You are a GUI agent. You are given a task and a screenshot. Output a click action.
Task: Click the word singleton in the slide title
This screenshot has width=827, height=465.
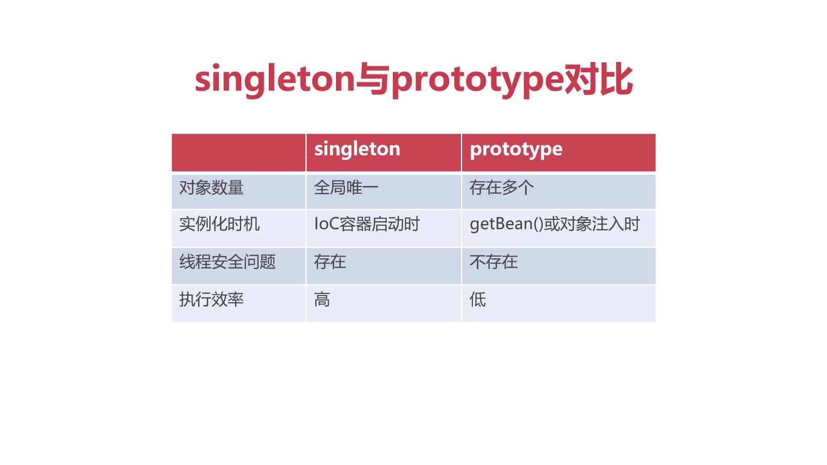tap(275, 80)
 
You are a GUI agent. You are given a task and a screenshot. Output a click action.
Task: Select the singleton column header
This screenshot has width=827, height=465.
tap(357, 149)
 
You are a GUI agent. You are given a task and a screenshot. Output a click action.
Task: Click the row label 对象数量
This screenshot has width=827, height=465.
tap(211, 188)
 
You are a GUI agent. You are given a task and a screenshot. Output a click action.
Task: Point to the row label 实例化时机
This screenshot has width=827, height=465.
tap(220, 224)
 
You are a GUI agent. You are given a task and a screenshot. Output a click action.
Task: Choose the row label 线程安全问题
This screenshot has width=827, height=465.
tap(227, 262)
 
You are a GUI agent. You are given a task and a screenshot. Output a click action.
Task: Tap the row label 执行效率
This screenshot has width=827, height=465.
tap(211, 299)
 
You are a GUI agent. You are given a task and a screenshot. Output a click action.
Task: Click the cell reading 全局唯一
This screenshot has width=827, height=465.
tap(346, 188)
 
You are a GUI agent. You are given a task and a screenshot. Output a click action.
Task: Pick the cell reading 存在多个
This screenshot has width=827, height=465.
tap(502, 188)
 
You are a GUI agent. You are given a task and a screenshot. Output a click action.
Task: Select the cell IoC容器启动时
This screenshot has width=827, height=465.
tap(367, 224)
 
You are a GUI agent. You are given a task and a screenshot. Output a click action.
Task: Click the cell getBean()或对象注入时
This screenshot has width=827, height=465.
tap(555, 224)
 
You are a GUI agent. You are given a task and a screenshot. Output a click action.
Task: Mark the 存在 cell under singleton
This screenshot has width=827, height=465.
tap(330, 262)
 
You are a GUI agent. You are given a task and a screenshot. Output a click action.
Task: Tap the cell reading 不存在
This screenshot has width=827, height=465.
tap(494, 262)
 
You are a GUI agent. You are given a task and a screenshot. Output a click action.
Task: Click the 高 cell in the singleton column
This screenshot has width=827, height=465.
tap(322, 299)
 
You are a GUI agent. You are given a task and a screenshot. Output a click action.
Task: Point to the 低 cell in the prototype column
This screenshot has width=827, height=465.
tap(478, 299)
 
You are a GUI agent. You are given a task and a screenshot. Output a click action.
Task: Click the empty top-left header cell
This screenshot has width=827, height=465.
tap(239, 152)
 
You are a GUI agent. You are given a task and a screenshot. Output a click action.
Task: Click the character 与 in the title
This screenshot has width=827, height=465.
tap(373, 80)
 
